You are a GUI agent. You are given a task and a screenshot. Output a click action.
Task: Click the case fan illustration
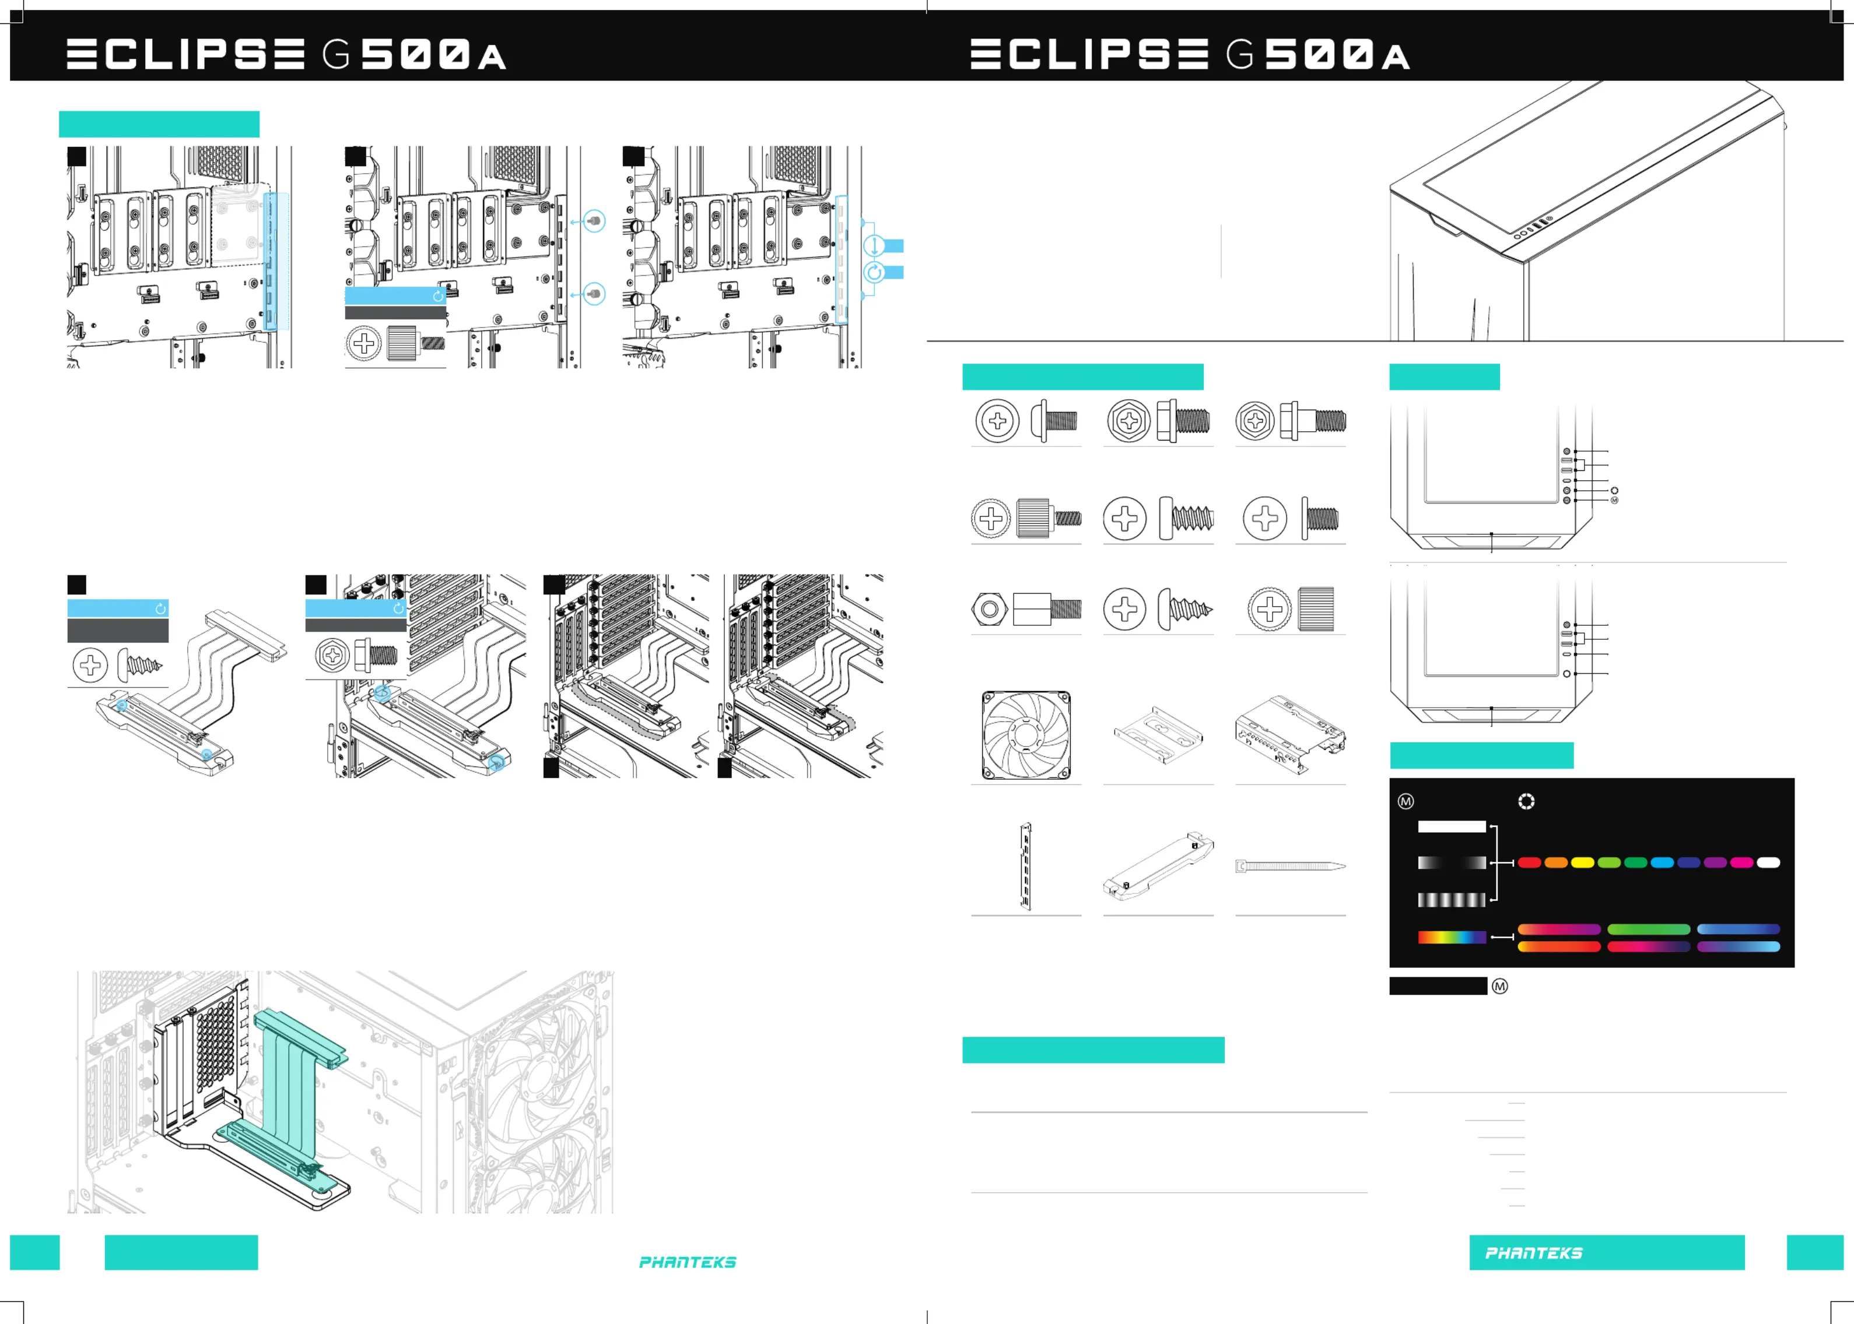1026,735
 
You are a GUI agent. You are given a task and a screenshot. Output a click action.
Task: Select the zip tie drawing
1291,866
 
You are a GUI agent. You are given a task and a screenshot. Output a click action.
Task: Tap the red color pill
1529,862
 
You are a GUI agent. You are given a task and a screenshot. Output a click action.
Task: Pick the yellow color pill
1582,862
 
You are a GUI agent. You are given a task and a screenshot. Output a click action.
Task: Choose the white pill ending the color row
1768,862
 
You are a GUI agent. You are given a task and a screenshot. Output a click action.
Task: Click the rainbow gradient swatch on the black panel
1452,938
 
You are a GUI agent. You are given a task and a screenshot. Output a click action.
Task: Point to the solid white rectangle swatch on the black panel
1452,827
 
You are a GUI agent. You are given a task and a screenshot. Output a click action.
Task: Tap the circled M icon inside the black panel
1406,801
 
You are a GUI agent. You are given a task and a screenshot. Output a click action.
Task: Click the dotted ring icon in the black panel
1526,801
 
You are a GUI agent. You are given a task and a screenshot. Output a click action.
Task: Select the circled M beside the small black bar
1500,987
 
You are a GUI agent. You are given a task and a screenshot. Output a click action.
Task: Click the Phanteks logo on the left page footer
688,1262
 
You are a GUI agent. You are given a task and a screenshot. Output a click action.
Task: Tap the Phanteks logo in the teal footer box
1533,1253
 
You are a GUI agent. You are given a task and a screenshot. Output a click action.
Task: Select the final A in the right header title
1396,57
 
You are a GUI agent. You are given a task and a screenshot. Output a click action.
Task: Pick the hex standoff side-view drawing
1047,609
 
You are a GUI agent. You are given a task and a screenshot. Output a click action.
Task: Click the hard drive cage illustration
1291,734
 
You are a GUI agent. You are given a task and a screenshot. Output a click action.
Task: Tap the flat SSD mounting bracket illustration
1158,734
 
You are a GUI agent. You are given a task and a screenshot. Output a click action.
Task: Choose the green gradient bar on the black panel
1649,929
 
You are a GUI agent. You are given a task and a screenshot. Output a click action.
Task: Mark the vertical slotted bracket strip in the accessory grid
1026,866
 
